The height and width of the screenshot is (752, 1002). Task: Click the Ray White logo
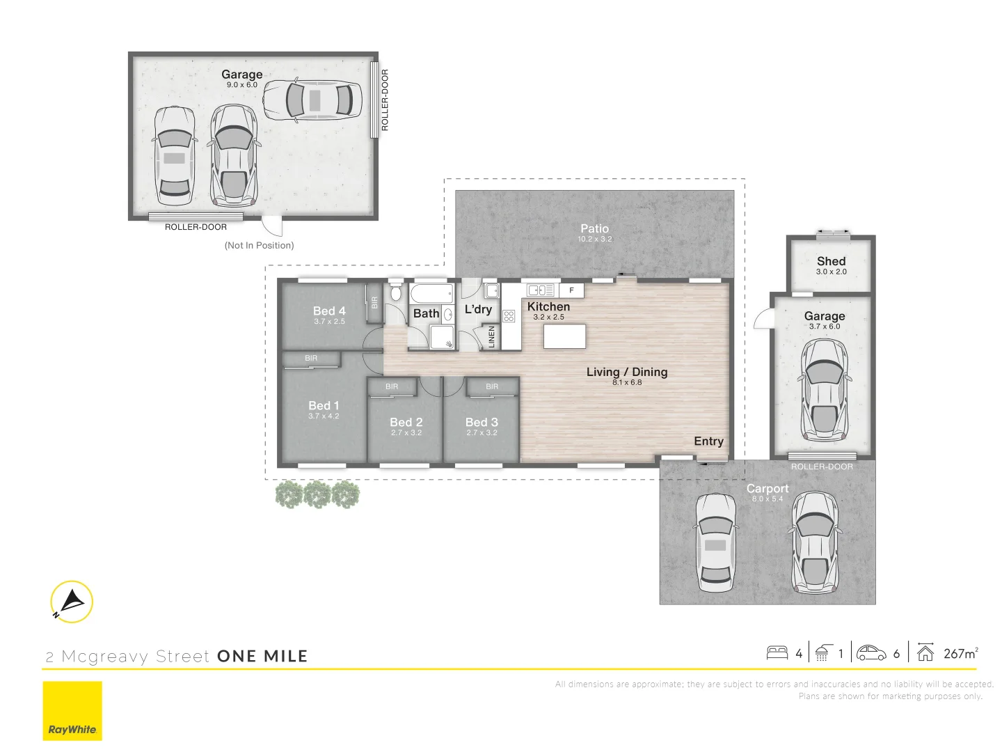click(x=72, y=710)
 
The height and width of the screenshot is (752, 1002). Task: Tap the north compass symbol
click(x=72, y=602)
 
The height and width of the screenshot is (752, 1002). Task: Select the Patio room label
click(x=594, y=228)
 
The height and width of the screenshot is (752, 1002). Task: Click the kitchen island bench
click(x=564, y=336)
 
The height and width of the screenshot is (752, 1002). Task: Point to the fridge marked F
click(x=572, y=290)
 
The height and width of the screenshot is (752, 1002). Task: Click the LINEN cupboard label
click(x=492, y=337)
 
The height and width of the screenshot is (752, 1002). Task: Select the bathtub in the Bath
click(x=431, y=293)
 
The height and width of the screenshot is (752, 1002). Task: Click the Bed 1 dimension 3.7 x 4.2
click(x=324, y=416)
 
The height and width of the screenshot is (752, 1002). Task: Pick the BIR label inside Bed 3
click(x=492, y=386)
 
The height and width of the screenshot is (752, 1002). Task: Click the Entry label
click(x=708, y=441)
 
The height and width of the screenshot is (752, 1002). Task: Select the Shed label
click(x=831, y=261)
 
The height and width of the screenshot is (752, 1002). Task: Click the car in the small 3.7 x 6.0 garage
click(x=825, y=395)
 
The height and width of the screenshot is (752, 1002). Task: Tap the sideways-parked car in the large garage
click(x=312, y=100)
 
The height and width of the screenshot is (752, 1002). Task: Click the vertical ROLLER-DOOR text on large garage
click(x=385, y=100)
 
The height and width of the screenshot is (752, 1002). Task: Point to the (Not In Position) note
click(x=259, y=245)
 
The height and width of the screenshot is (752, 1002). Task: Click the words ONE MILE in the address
click(x=262, y=656)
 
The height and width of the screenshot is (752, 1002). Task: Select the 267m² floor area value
click(x=960, y=653)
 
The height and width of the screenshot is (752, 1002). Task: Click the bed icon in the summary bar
click(x=777, y=653)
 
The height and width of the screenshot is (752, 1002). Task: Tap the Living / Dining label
click(x=627, y=372)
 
